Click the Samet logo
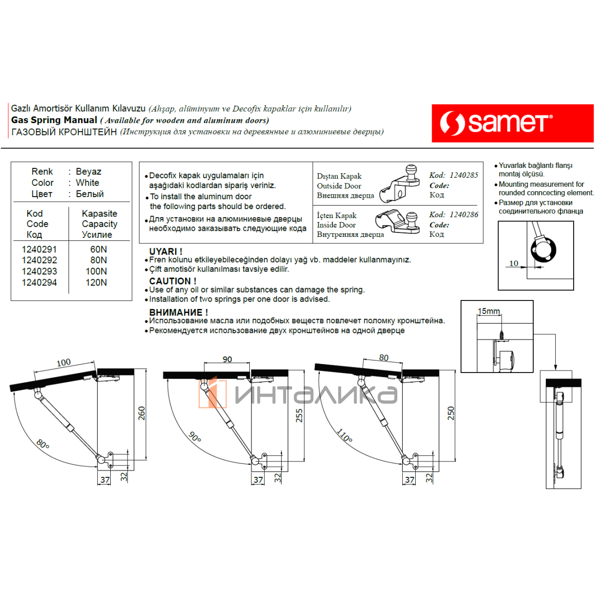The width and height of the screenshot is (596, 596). (x=512, y=123)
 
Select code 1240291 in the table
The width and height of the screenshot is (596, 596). (x=39, y=249)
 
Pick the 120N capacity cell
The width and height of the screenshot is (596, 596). (x=96, y=283)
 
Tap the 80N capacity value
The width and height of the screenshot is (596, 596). (x=98, y=260)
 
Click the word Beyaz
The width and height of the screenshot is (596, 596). (x=88, y=171)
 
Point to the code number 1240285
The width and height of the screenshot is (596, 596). (x=463, y=175)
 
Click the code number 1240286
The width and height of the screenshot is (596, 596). (x=463, y=215)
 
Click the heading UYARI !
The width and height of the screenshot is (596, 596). (x=165, y=251)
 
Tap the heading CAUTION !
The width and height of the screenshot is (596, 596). (x=172, y=281)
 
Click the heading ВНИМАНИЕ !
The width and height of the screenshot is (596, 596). (x=178, y=312)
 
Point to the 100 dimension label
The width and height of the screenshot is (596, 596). (x=64, y=363)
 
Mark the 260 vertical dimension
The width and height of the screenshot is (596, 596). (x=142, y=413)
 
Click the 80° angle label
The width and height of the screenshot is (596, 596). (x=43, y=444)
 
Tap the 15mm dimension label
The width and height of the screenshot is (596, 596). (x=489, y=311)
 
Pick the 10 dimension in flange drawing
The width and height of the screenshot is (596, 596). (x=514, y=263)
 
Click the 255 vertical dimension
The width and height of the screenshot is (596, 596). (x=299, y=415)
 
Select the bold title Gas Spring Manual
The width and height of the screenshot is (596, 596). (x=54, y=120)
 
